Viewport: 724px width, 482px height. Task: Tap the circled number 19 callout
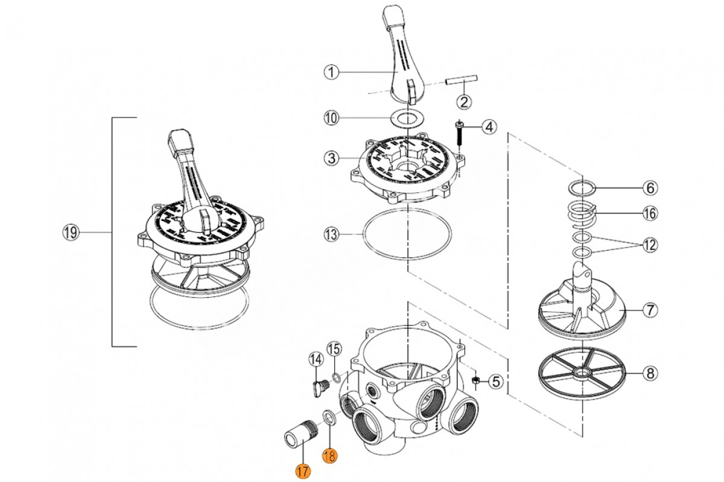click(x=71, y=233)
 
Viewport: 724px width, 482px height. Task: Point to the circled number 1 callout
click(x=330, y=72)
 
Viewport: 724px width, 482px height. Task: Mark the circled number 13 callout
click(x=330, y=233)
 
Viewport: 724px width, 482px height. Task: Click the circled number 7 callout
click(x=649, y=311)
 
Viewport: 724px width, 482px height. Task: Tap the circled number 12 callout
click(x=649, y=245)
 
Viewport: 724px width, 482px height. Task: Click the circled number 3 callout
click(x=330, y=159)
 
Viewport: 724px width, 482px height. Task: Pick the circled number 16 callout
click(x=649, y=213)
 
